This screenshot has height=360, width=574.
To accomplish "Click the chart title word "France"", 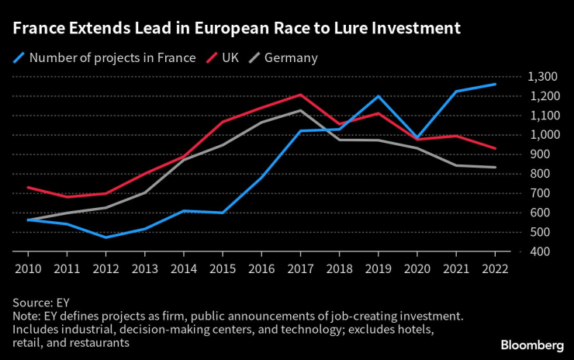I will (x=37, y=29).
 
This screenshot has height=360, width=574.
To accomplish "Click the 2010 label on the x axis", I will (x=28, y=268).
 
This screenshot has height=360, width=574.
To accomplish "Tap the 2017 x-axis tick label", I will (x=300, y=268).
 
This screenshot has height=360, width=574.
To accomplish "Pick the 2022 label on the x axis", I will (x=495, y=268).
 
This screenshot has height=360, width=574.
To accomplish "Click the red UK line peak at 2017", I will (x=300, y=95).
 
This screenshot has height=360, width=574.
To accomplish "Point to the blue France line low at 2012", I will (x=105, y=237).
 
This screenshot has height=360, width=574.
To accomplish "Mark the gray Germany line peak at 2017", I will (x=300, y=110).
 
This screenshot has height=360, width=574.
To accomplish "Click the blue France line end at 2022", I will (x=495, y=85).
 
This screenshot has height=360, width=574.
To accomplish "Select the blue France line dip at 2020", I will (x=417, y=138).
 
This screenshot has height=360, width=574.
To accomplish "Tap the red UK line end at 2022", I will (x=495, y=148).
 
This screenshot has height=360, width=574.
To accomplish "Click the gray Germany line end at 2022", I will (x=495, y=167).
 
